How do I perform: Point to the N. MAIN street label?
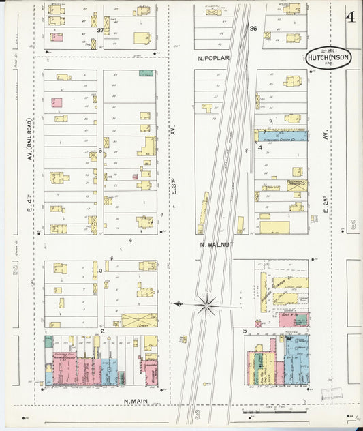click(x=136, y=400)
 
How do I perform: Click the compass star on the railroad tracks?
click(x=206, y=304)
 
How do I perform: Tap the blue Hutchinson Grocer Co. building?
click(x=282, y=136)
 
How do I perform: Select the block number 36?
click(x=253, y=29)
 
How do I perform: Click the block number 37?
click(x=99, y=31)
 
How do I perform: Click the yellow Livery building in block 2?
click(x=139, y=320)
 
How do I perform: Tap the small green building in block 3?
click(x=146, y=73)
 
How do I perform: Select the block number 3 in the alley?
click(x=100, y=149)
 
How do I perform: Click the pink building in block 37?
click(x=57, y=37)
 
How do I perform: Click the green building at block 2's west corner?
click(x=48, y=342)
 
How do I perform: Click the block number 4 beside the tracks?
click(x=259, y=147)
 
